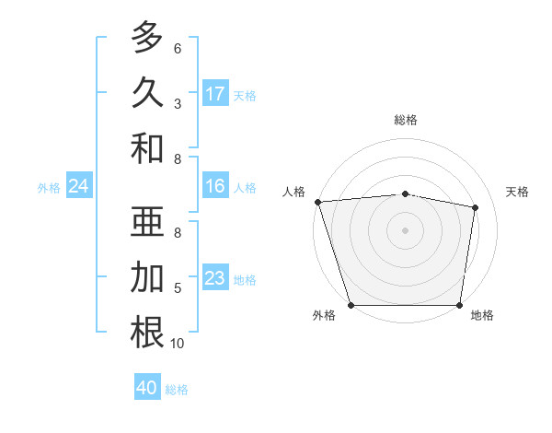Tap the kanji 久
[147, 92]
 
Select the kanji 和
[147, 147]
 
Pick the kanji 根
[147, 333]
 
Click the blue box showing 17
[215, 94]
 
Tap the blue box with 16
[215, 187]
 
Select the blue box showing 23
[215, 278]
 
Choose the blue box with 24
[78, 187]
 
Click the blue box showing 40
[147, 388]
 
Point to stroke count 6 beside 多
[178, 49]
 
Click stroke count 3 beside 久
[178, 103]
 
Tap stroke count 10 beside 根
[178, 344]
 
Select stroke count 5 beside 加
[178, 288]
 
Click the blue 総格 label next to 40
[177, 390]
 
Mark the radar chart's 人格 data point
[317, 201]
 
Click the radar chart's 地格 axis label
[482, 316]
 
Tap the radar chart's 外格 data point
[351, 305]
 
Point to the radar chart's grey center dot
[405, 229]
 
